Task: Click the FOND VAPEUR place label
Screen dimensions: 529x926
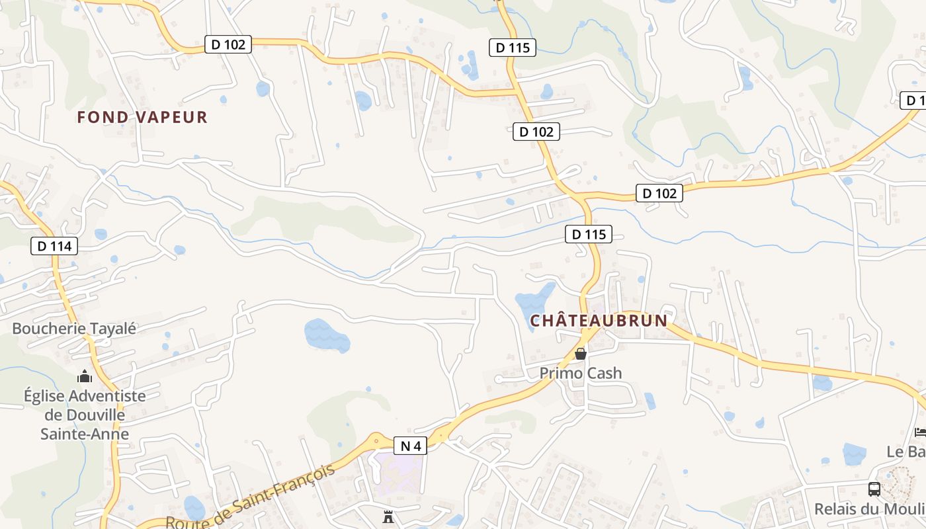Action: point(142,117)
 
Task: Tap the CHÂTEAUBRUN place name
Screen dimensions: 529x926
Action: point(599,321)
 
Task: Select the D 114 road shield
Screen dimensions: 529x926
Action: point(54,246)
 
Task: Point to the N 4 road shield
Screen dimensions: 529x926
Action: point(411,446)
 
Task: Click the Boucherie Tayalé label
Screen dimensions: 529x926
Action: point(74,328)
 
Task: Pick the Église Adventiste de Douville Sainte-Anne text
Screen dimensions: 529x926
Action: point(85,415)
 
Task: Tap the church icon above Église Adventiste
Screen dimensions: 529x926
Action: point(85,376)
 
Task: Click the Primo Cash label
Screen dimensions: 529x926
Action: point(581,373)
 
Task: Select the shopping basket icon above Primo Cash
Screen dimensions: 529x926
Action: point(581,354)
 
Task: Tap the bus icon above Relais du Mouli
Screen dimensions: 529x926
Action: point(874,489)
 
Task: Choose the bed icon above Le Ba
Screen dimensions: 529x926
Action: point(920,432)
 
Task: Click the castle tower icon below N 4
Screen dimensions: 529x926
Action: point(388,516)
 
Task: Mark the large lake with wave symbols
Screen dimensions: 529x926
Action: point(327,335)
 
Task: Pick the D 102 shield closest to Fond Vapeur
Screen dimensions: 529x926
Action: point(228,44)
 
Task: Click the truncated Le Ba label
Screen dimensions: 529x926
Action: point(906,452)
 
